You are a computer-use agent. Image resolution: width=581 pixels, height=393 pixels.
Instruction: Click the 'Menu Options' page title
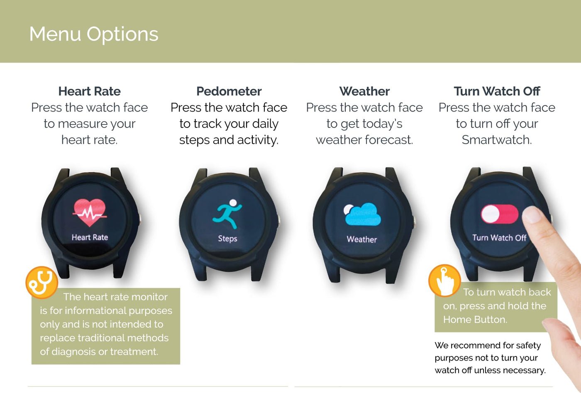pos(94,34)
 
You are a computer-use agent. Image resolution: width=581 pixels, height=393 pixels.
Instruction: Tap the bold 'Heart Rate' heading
pos(90,91)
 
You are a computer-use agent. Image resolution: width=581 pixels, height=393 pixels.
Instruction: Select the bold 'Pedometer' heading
pos(229,91)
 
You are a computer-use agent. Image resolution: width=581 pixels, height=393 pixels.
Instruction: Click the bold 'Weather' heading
pos(364,91)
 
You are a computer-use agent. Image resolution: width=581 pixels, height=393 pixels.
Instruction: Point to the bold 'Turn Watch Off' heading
pos(497,91)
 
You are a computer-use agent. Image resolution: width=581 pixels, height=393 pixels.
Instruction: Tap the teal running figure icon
pos(227,214)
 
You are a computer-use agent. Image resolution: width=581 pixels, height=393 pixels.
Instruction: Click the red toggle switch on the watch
pos(500,214)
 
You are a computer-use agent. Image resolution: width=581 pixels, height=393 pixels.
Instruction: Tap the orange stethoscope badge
pos(42,283)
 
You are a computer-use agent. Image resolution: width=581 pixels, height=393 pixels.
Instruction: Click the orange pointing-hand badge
pos(444,281)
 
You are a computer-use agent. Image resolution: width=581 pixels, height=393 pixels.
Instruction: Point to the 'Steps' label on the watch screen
pos(227,238)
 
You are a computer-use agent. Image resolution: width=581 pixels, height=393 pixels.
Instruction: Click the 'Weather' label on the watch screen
pos(362,239)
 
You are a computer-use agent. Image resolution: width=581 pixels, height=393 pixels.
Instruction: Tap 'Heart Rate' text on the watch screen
pos(90,237)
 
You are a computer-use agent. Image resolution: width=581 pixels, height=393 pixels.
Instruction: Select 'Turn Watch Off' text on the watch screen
pos(499,238)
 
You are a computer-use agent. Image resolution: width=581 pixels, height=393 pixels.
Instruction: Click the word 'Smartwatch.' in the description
pos(497,140)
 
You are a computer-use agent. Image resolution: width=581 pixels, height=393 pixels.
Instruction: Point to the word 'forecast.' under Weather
pos(389,140)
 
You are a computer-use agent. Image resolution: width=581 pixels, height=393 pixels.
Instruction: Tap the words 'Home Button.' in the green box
pos(475,320)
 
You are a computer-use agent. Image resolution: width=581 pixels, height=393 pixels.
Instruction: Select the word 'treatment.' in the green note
pos(134,352)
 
